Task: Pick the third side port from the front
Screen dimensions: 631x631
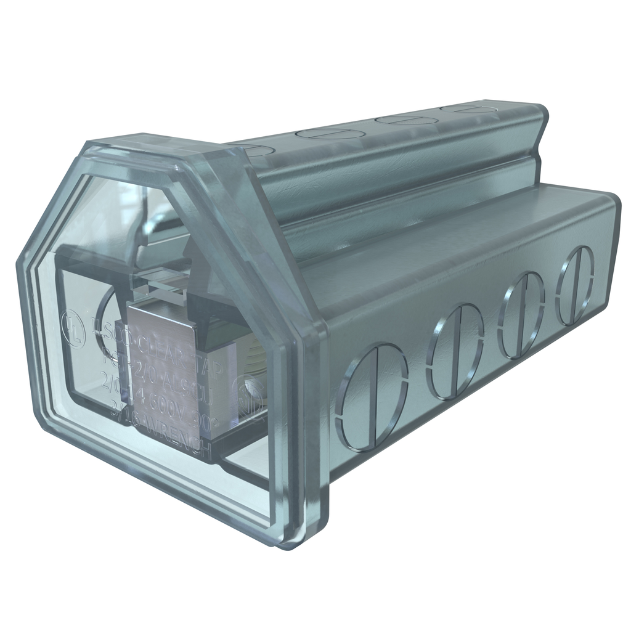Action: pos(521,315)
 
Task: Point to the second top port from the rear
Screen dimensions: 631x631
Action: pos(404,119)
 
